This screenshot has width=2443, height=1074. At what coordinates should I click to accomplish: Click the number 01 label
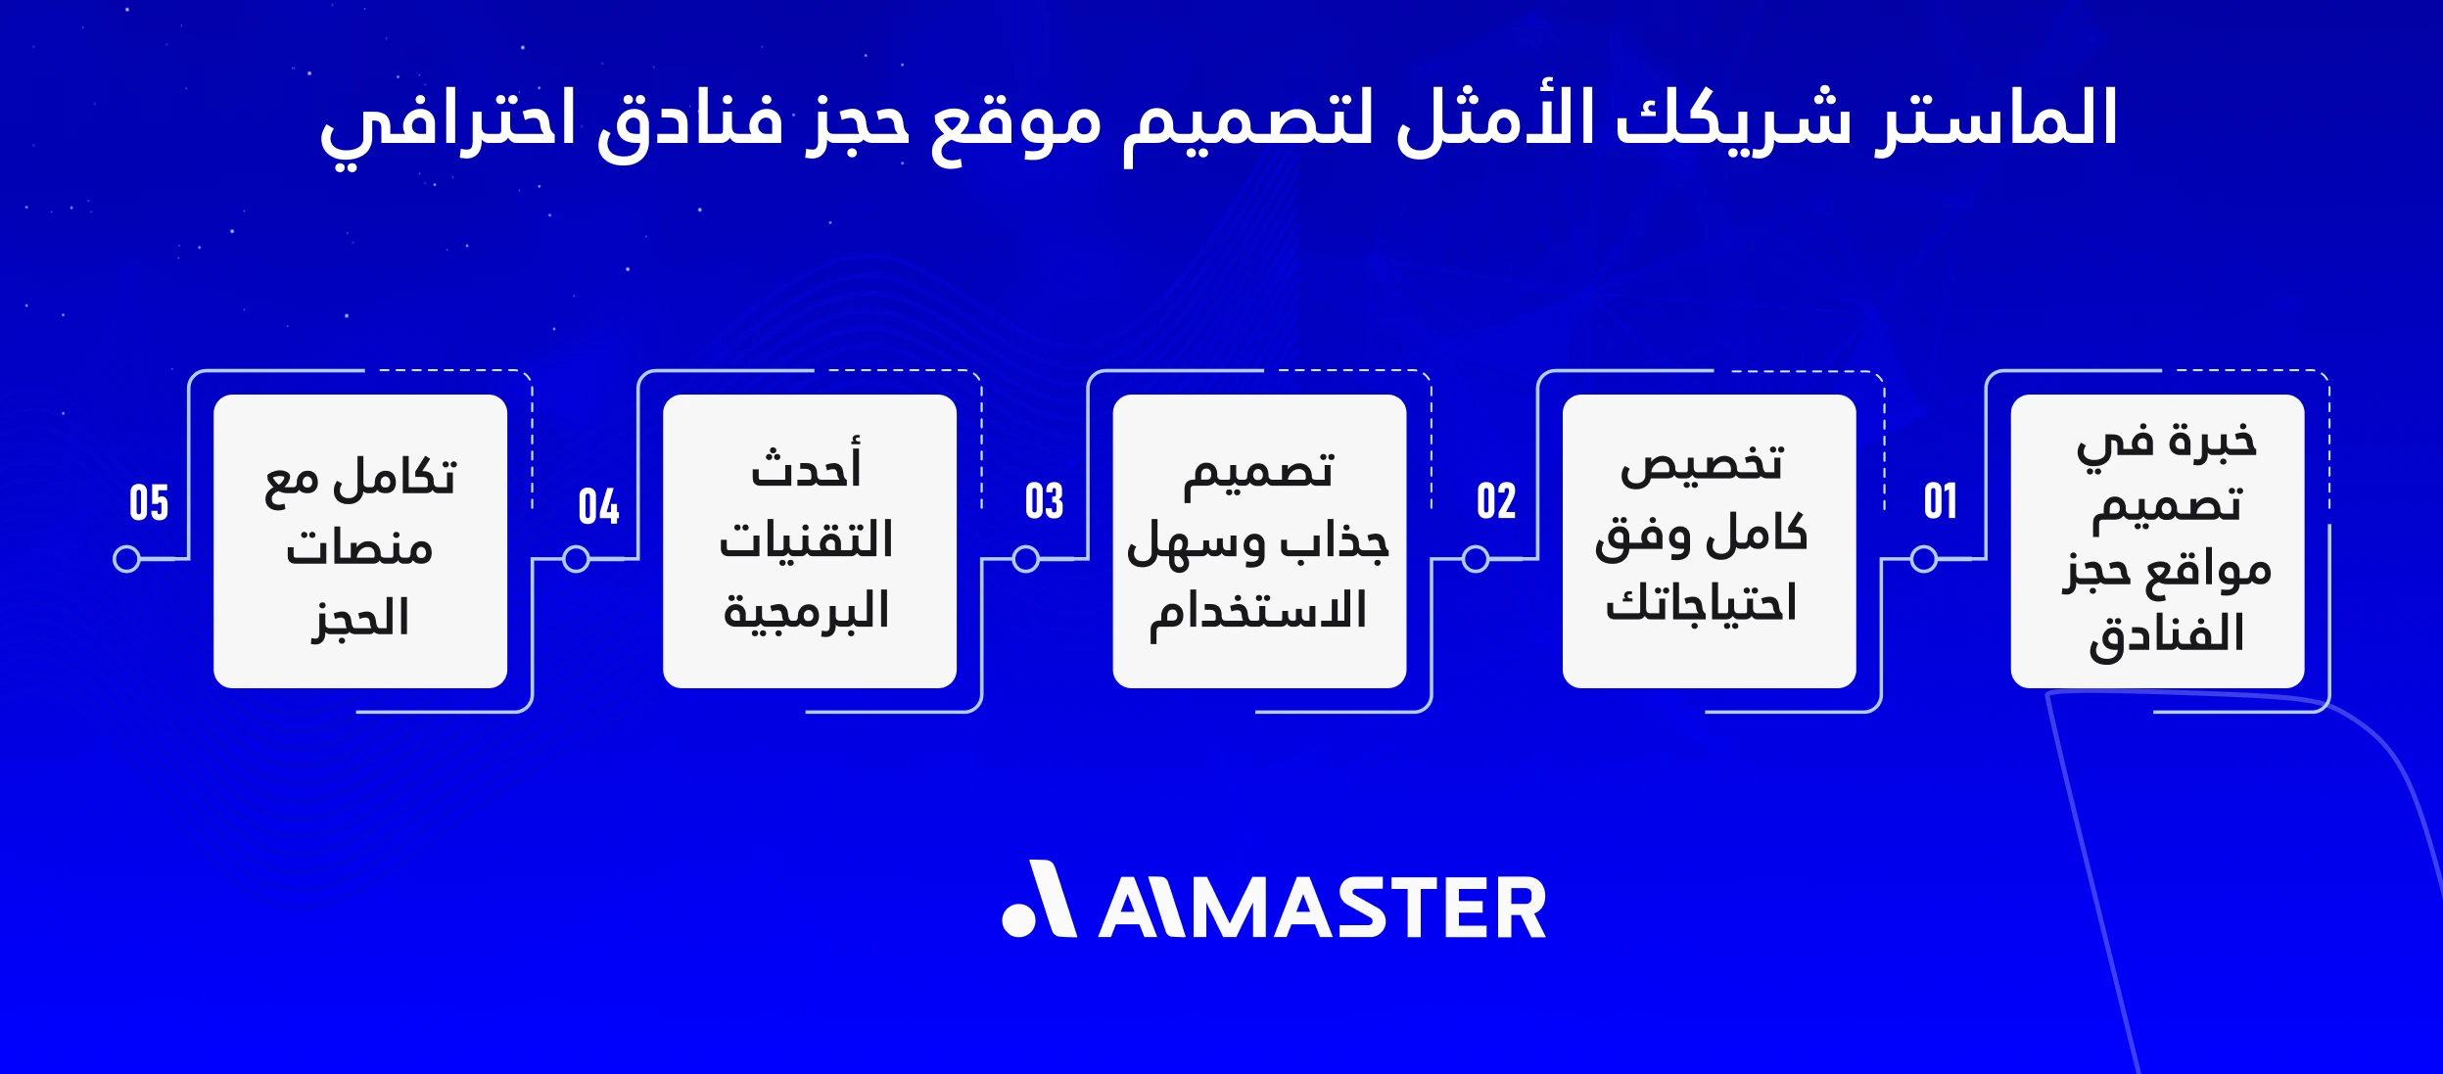coord(1940,501)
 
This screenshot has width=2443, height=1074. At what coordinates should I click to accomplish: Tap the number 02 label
coord(1496,501)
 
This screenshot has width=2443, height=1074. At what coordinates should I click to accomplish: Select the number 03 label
coord(1044,501)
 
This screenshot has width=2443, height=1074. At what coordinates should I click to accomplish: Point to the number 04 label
coord(598,506)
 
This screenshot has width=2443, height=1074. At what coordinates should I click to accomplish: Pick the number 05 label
coord(149,503)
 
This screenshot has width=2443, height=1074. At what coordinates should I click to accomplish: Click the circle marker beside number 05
coord(126,559)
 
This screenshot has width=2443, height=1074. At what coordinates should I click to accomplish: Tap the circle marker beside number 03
coord(1025,559)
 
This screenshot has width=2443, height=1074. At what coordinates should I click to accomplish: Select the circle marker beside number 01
coord(1924,559)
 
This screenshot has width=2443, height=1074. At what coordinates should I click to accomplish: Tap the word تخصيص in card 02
coord(1702,464)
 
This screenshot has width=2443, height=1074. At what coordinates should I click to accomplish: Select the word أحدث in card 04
coord(806,466)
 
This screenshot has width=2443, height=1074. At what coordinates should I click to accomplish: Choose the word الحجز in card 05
coord(359,619)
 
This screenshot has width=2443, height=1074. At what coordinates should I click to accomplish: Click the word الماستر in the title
coord(1996,118)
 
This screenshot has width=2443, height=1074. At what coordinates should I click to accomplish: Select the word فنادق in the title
coord(690,121)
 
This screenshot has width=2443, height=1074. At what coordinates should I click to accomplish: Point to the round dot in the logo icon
coord(1019,920)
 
